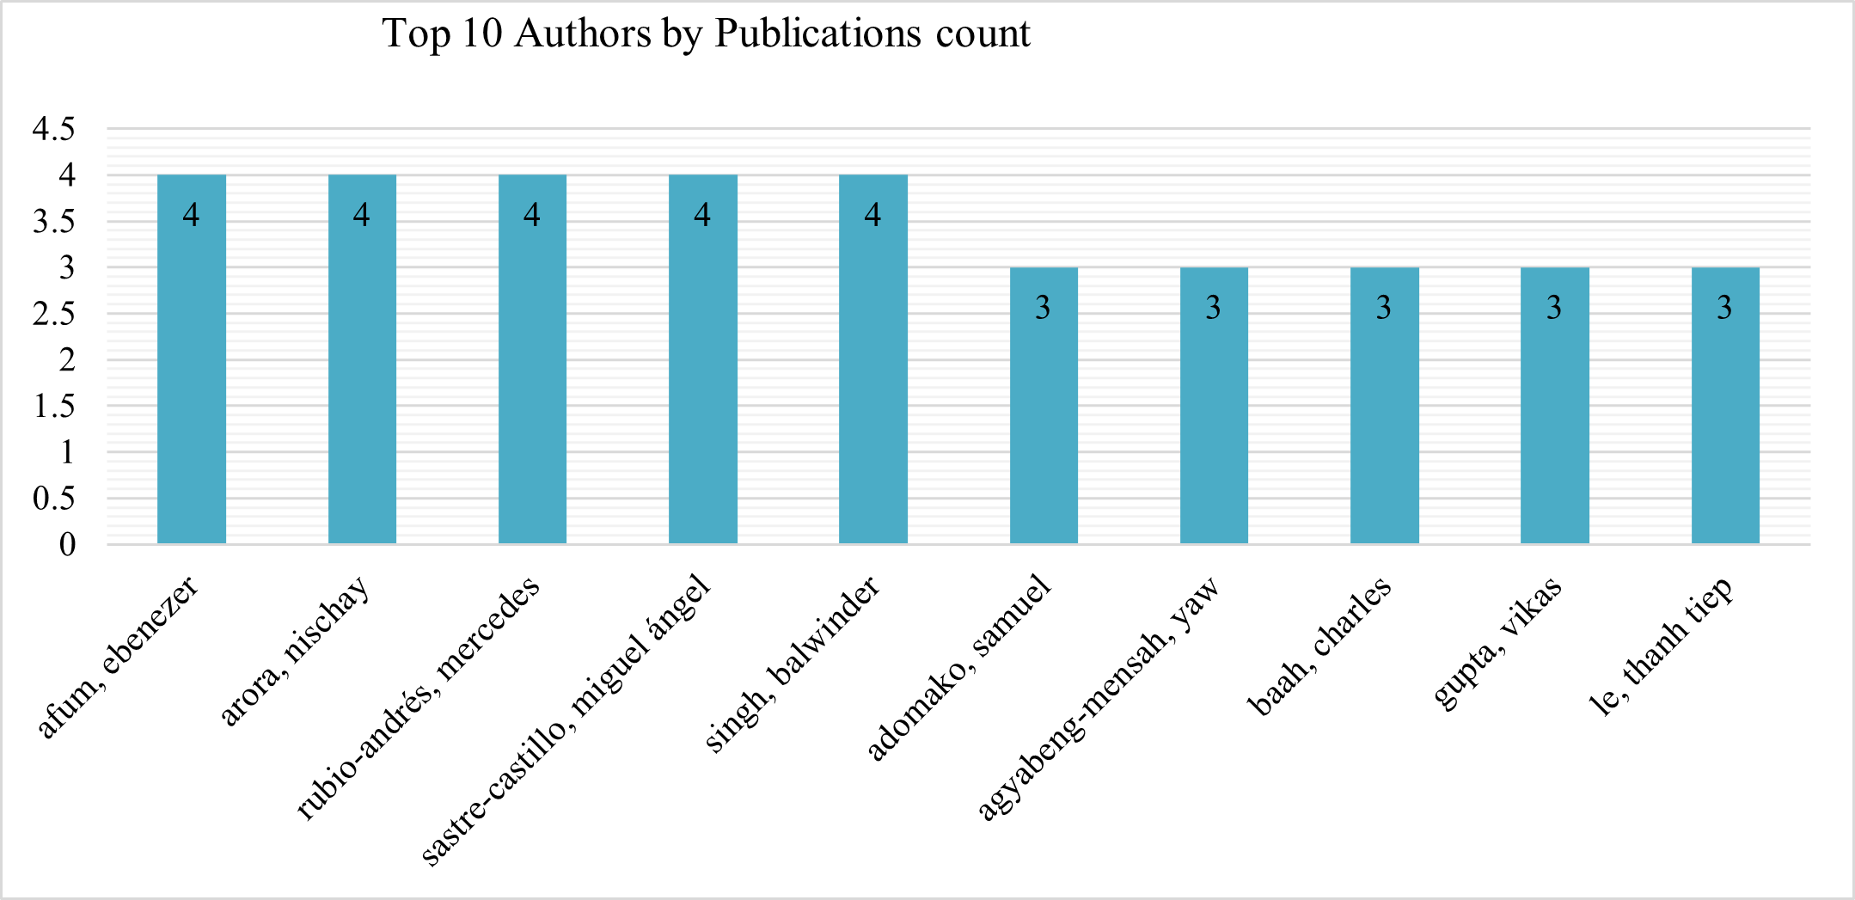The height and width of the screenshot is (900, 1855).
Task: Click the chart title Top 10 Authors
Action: [x=706, y=34]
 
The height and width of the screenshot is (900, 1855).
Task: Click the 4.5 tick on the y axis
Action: [x=53, y=130]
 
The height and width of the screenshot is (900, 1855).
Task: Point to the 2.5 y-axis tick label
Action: [x=53, y=315]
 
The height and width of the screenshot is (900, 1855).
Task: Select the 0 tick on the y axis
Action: [x=67, y=545]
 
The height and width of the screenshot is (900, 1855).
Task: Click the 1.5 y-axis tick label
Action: [x=53, y=407]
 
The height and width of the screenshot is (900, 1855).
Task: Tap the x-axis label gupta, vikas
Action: [x=1497, y=645]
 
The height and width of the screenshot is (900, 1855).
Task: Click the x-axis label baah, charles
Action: [x=1319, y=646]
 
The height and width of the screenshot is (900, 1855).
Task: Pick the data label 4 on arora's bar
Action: [x=362, y=215]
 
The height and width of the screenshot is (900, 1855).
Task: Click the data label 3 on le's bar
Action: [x=1724, y=308]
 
